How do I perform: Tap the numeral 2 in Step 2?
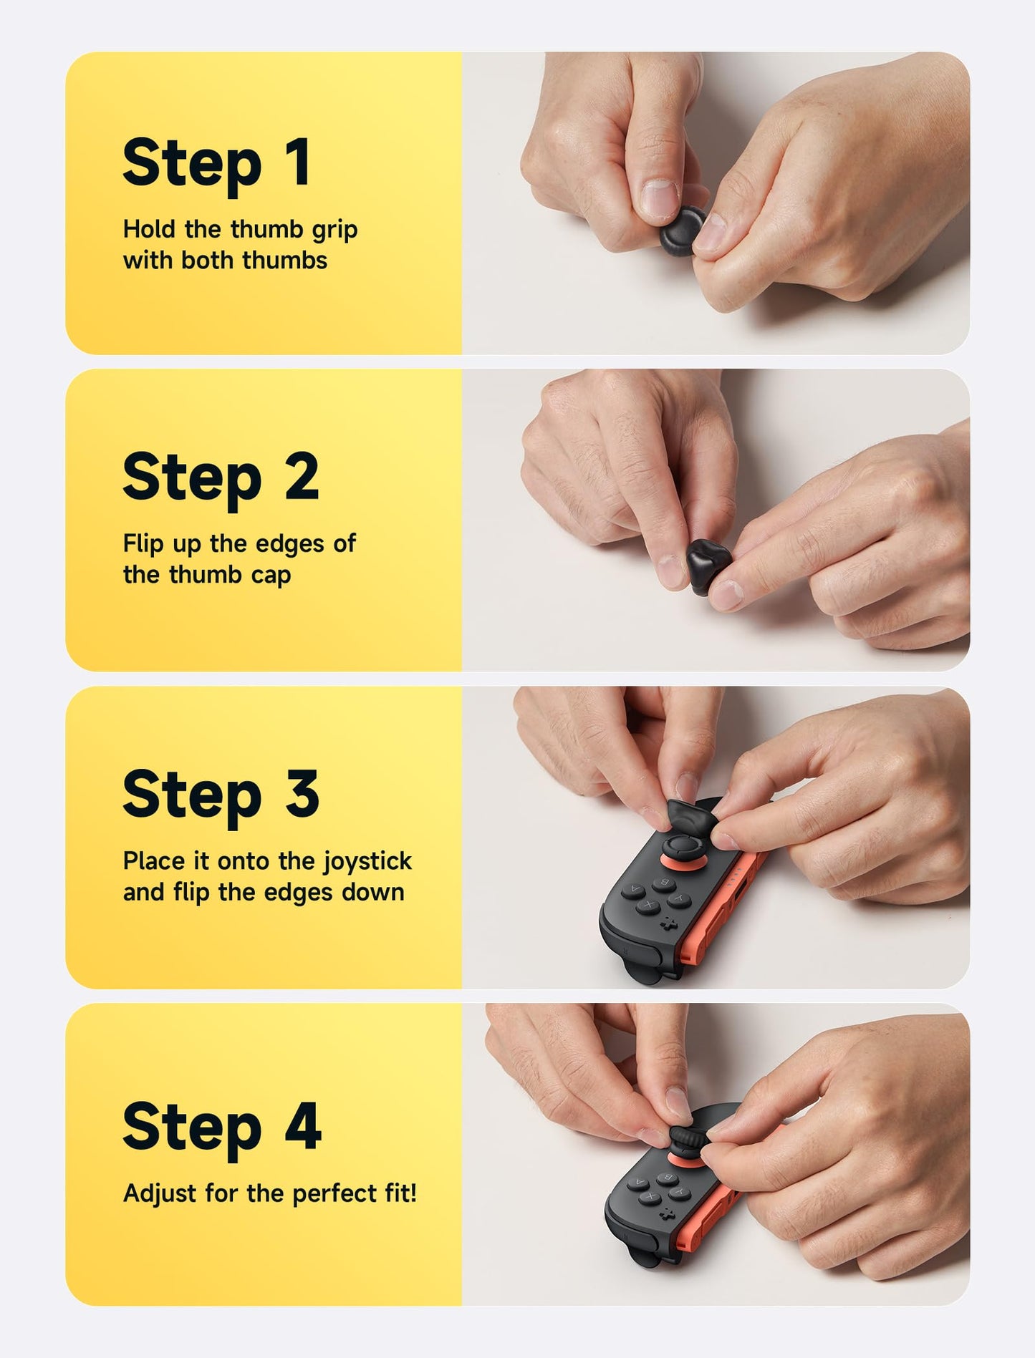[302, 477]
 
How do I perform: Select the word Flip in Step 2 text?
[143, 544]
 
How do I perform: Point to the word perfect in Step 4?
[329, 1193]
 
